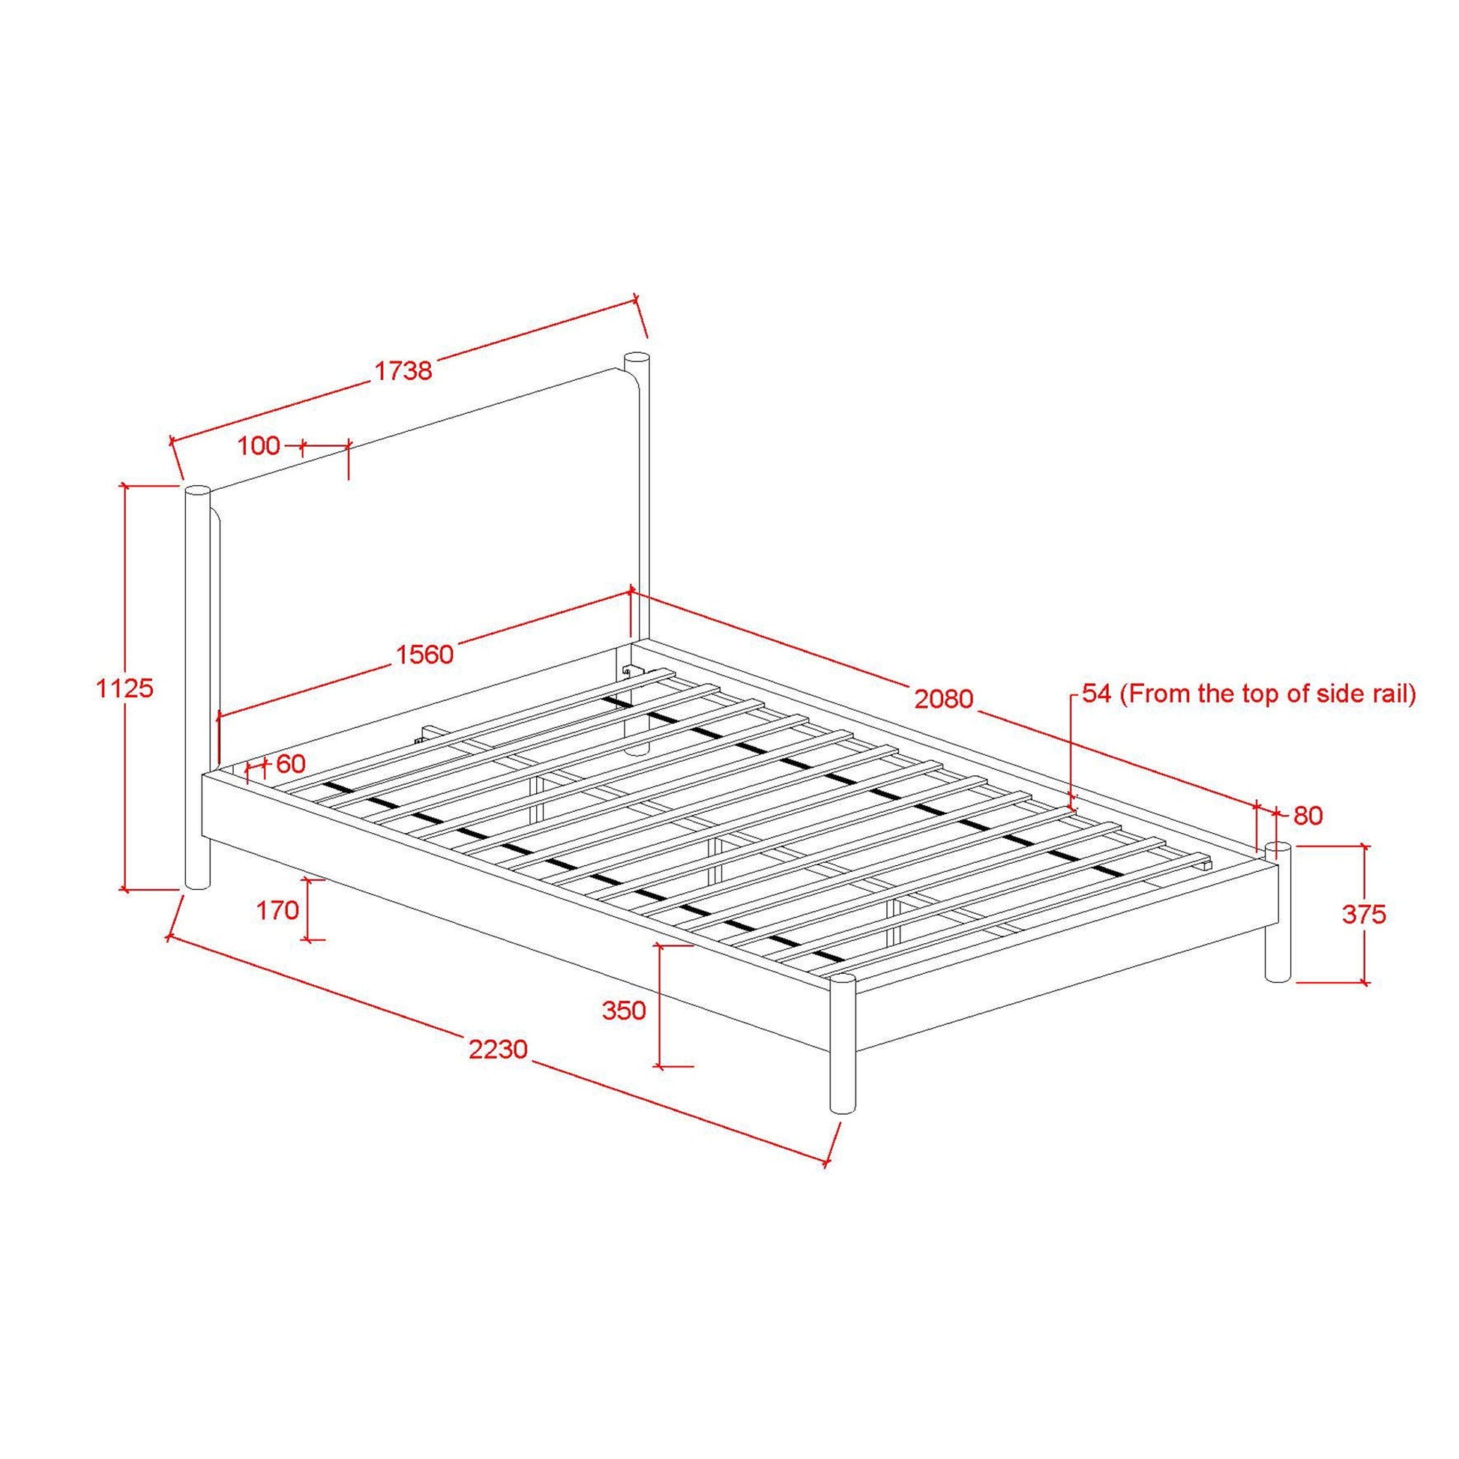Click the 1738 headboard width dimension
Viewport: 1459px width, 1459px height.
tap(403, 370)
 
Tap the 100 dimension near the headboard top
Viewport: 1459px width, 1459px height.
tap(258, 445)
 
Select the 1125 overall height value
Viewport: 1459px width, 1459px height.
tap(125, 688)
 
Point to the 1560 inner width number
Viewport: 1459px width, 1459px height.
tap(425, 654)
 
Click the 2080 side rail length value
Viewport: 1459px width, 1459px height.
tap(944, 700)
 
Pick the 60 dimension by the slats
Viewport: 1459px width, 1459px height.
tap(291, 764)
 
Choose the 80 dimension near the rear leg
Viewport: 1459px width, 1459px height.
tap(1309, 816)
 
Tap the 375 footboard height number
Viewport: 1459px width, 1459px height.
tap(1364, 915)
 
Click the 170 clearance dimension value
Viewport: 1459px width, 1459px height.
tap(278, 911)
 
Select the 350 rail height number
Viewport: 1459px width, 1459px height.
tap(624, 1010)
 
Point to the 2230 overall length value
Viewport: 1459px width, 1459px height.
tap(498, 1049)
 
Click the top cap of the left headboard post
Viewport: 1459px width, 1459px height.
tap(197, 490)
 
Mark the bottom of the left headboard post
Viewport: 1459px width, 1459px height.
tap(197, 884)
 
